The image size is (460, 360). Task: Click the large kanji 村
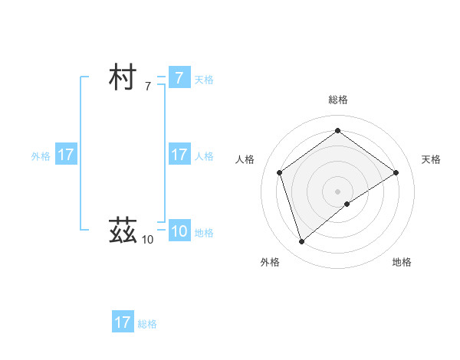tap(123, 78)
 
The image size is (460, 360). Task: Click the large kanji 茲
tap(123, 229)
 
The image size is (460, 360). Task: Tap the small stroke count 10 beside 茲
tap(147, 240)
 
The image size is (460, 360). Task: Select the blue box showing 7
tap(179, 78)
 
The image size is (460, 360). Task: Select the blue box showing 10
tap(179, 231)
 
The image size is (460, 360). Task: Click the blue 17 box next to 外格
tap(65, 155)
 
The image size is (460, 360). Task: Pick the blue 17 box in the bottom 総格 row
tap(123, 322)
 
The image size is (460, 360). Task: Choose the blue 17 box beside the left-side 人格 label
tap(179, 155)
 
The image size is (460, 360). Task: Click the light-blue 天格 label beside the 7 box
tap(204, 80)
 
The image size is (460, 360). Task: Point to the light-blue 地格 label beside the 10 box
tap(204, 233)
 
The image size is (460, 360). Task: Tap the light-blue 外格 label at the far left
tap(41, 156)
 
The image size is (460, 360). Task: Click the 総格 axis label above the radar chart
tap(337, 100)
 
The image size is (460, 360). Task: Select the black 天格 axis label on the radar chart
tap(432, 159)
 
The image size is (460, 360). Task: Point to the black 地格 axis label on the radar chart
tap(402, 263)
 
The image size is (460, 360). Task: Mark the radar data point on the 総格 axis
tap(337, 131)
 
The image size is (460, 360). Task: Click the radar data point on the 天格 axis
tap(396, 172)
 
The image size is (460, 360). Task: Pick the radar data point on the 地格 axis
tap(347, 204)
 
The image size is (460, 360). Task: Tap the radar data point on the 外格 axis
tap(301, 242)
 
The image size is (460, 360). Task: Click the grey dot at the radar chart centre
tap(337, 191)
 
